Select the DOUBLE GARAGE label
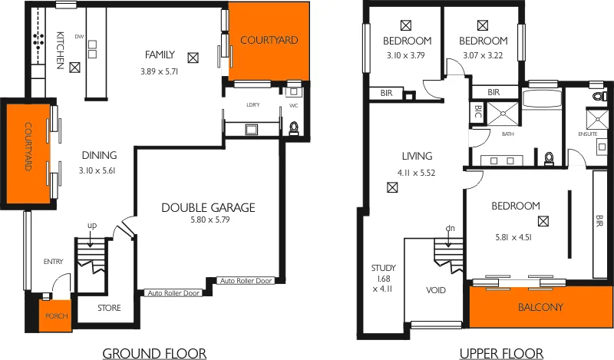click(208, 207)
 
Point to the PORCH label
click(56, 315)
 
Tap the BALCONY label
click(540, 308)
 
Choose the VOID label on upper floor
click(436, 291)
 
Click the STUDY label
click(384, 268)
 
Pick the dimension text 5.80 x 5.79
click(208, 220)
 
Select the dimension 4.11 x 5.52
click(417, 173)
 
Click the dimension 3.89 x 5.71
click(159, 71)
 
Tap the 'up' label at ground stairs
click(92, 224)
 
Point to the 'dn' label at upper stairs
click(450, 228)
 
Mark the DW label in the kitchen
click(79, 36)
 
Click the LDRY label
click(251, 105)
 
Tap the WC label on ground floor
click(293, 105)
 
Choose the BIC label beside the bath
click(477, 112)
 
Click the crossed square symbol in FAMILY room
click(193, 56)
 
